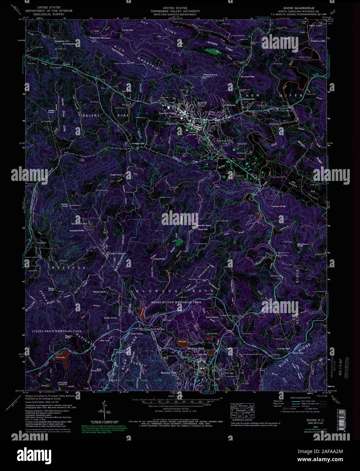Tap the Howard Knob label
click(210, 75)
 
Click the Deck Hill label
click(203, 229)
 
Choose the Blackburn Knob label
click(291, 245)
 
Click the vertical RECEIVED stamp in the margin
click(346, 368)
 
